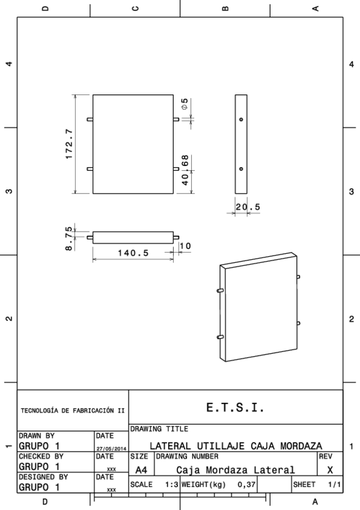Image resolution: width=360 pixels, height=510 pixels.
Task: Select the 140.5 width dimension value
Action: pyautogui.click(x=132, y=253)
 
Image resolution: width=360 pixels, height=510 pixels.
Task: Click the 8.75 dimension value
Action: pyautogui.click(x=70, y=238)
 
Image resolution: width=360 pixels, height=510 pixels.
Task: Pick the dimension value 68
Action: pyautogui.click(x=185, y=161)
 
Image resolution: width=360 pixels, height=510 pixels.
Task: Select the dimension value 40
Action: pyautogui.click(x=185, y=179)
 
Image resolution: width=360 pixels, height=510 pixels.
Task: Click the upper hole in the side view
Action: pyautogui.click(x=241, y=119)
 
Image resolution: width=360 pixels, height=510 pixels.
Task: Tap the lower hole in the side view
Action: pyautogui.click(x=241, y=169)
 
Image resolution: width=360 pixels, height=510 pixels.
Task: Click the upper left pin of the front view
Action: pyautogui.click(x=90, y=119)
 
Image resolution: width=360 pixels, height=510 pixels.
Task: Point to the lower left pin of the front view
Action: pyautogui.click(x=90, y=169)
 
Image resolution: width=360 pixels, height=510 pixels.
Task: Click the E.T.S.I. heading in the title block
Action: pyautogui.click(x=236, y=407)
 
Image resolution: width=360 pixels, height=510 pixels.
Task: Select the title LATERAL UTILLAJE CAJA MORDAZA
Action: pyautogui.click(x=235, y=446)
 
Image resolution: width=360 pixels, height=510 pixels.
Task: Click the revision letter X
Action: pyautogui.click(x=330, y=470)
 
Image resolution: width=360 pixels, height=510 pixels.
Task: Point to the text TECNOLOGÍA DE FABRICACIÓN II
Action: pyautogui.click(x=72, y=412)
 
